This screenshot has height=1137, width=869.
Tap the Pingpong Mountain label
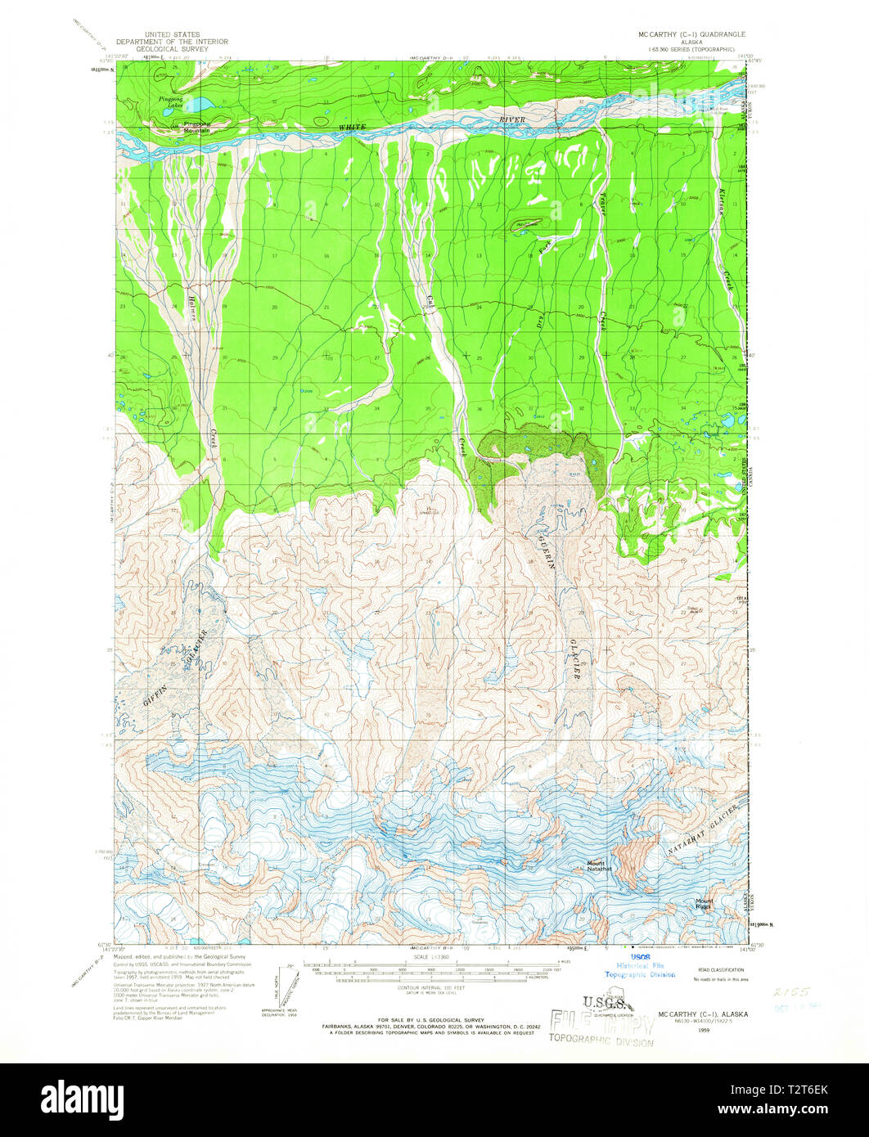pyautogui.click(x=196, y=128)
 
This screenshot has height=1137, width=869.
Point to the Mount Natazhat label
pyautogui.click(x=596, y=865)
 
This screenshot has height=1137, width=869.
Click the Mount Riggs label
pyautogui.click(x=705, y=904)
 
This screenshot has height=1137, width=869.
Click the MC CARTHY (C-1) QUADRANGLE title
pyautogui.click(x=692, y=36)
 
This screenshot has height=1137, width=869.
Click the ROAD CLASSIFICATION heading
pyautogui.click(x=719, y=968)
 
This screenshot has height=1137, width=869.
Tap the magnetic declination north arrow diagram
pyautogui.click(x=286, y=989)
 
